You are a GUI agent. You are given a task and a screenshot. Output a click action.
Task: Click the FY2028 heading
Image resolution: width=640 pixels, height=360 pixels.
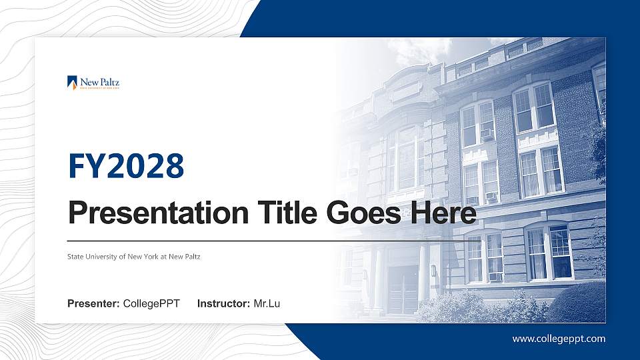(x=126, y=166)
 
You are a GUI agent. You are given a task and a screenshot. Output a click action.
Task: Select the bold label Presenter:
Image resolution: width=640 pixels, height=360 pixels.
(x=93, y=304)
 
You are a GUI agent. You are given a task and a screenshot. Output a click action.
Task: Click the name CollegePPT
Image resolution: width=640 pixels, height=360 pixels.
(x=151, y=304)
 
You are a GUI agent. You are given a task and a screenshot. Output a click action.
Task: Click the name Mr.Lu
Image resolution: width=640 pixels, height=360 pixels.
(x=267, y=304)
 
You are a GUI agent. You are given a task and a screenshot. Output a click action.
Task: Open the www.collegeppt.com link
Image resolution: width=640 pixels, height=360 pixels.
(x=559, y=339)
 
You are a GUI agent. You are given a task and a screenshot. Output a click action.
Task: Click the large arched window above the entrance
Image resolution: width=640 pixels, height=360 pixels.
(x=406, y=157)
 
